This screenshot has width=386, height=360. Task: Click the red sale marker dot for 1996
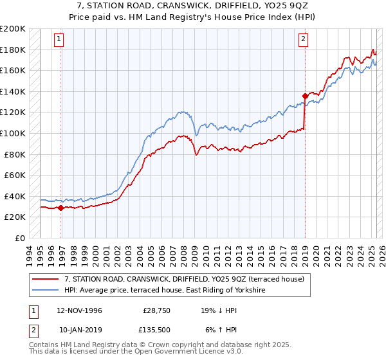(61, 208)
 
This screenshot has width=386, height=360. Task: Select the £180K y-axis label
(13, 50)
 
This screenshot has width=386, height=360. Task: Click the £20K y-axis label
(15, 217)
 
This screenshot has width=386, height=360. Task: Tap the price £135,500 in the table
(154, 330)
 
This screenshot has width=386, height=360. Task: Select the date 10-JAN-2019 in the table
(78, 330)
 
